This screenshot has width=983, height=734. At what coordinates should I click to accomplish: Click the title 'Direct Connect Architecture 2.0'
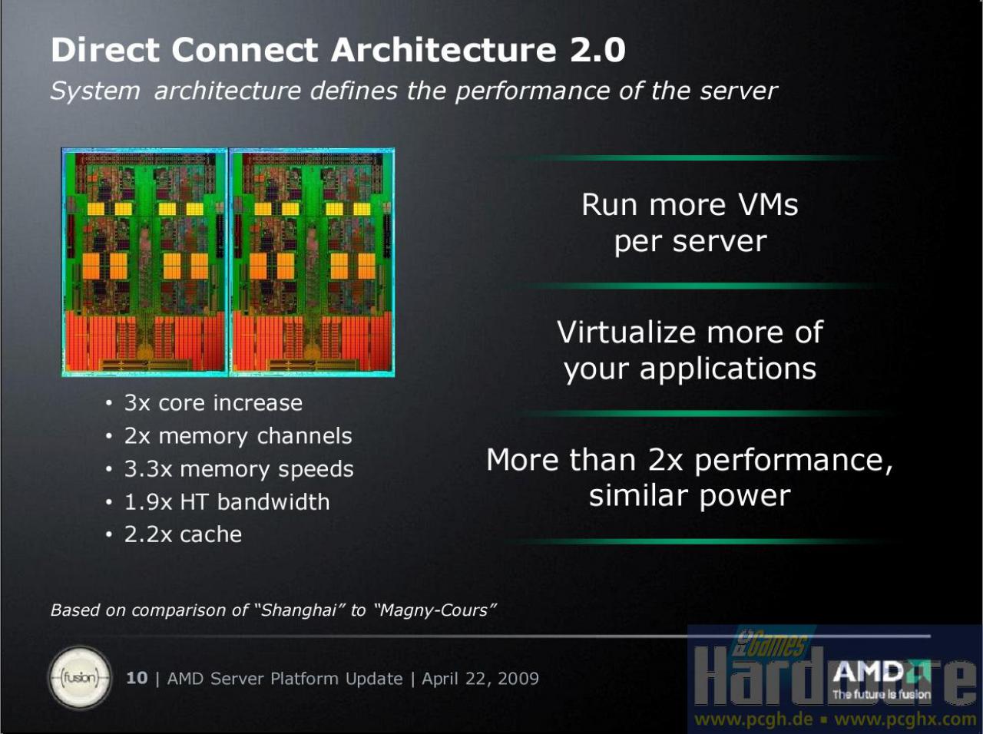tap(338, 50)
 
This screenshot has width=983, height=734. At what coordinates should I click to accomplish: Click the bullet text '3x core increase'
tap(213, 403)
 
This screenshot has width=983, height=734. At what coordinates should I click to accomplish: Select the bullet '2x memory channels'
tap(238, 436)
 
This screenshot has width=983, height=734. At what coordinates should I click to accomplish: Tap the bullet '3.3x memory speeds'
tap(239, 469)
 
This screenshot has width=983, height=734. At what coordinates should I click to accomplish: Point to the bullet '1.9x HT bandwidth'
tap(227, 501)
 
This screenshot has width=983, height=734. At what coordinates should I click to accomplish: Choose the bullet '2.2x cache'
tap(184, 534)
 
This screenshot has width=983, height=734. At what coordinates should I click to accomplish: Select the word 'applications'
tap(727, 369)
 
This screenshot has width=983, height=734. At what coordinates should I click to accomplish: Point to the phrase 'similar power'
tap(690, 496)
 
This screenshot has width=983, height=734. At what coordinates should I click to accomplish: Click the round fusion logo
tap(80, 677)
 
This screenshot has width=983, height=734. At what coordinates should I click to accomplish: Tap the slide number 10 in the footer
tap(137, 678)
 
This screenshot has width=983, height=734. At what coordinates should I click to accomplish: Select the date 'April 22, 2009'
tap(480, 679)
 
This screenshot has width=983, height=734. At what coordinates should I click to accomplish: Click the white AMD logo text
tap(868, 671)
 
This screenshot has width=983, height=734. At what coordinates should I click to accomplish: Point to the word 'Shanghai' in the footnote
tap(298, 610)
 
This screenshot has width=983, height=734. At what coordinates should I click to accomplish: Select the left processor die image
tap(144, 262)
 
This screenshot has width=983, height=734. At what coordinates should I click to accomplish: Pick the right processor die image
tap(312, 262)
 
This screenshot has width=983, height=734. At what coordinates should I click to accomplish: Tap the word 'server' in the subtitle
tap(739, 91)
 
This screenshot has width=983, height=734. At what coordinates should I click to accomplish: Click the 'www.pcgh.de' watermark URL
tap(753, 719)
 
